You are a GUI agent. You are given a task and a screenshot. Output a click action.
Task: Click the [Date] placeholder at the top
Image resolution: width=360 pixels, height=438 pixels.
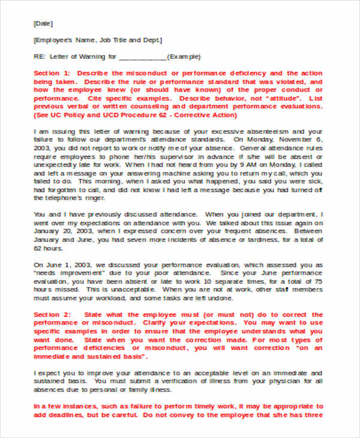[x=43, y=23]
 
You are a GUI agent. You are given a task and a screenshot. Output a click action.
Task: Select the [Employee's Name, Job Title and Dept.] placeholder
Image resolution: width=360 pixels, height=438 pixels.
[x=98, y=40]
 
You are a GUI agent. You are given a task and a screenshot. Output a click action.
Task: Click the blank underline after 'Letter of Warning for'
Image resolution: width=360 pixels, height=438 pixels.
[x=143, y=58]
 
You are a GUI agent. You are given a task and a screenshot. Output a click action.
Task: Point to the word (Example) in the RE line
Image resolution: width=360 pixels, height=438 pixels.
[x=184, y=57]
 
